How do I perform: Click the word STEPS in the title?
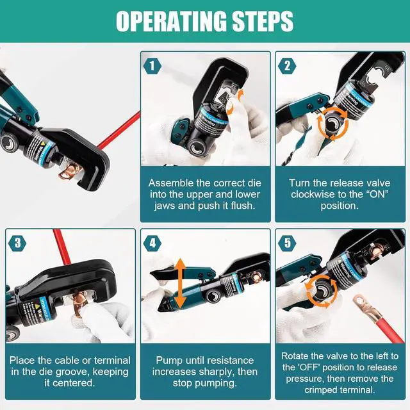click(x=263, y=21)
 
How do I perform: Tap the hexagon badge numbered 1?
click(x=152, y=65)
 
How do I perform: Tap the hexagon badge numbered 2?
click(x=287, y=65)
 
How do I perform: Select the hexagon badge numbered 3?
click(x=17, y=243)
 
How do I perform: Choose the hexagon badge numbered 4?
click(x=152, y=243)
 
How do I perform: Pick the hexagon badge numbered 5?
click(x=287, y=243)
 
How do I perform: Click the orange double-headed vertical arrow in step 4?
click(x=180, y=283)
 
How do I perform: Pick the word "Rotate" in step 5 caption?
click(x=295, y=356)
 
